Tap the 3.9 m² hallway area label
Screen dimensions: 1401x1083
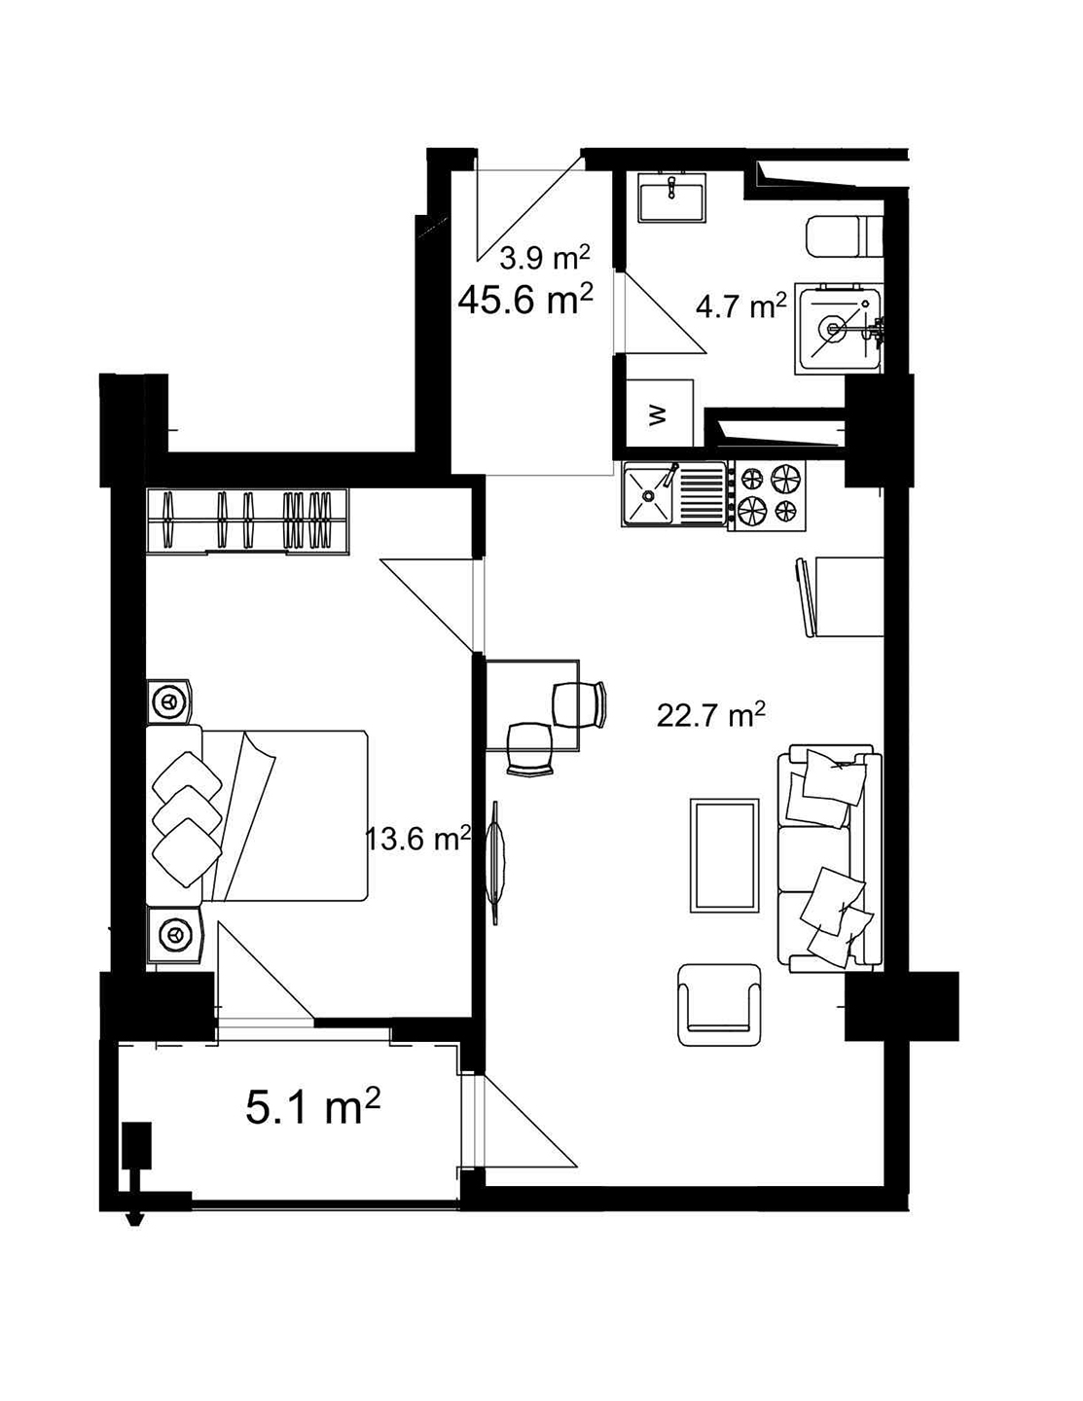[x=544, y=258]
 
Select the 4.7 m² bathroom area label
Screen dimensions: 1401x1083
[x=740, y=307]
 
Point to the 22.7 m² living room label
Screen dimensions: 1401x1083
[x=710, y=716]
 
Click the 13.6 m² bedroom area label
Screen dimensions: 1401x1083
[x=418, y=838]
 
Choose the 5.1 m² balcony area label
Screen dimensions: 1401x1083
[x=312, y=1107]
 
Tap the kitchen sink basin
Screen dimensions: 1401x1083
[x=649, y=494]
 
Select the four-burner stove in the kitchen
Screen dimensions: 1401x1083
[x=768, y=495]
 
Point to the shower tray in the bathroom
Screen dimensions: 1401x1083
[x=839, y=328]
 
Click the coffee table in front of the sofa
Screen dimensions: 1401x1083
[x=724, y=855]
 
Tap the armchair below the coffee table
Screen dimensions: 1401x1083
[x=720, y=1004]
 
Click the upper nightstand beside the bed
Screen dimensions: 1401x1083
[x=170, y=700]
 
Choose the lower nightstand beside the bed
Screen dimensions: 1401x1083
[x=174, y=935]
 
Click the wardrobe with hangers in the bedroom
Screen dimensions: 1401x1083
[x=247, y=521]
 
